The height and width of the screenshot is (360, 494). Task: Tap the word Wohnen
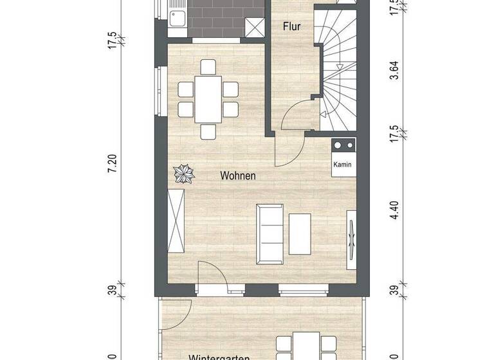tap(238, 175)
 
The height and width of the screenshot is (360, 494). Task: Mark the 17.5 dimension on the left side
tap(113, 40)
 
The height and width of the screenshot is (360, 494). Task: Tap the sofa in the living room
tap(268, 233)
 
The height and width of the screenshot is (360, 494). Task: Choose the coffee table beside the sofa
tap(300, 233)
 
